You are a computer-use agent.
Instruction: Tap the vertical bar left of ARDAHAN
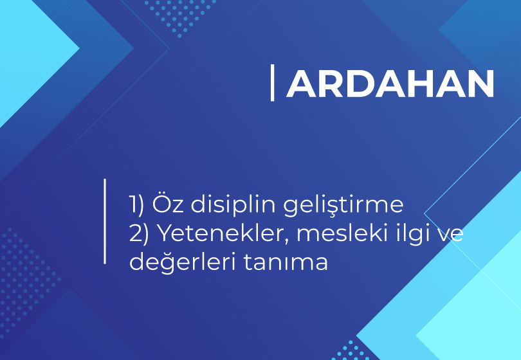(273, 83)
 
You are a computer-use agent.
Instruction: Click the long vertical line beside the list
(105, 221)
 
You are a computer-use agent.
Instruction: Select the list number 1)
(136, 204)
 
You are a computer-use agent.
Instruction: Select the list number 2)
(138, 233)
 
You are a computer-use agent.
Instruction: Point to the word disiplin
(233, 204)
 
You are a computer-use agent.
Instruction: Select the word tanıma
(286, 262)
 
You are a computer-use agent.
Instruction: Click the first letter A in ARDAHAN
(302, 84)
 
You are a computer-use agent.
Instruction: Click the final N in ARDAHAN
(482, 84)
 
